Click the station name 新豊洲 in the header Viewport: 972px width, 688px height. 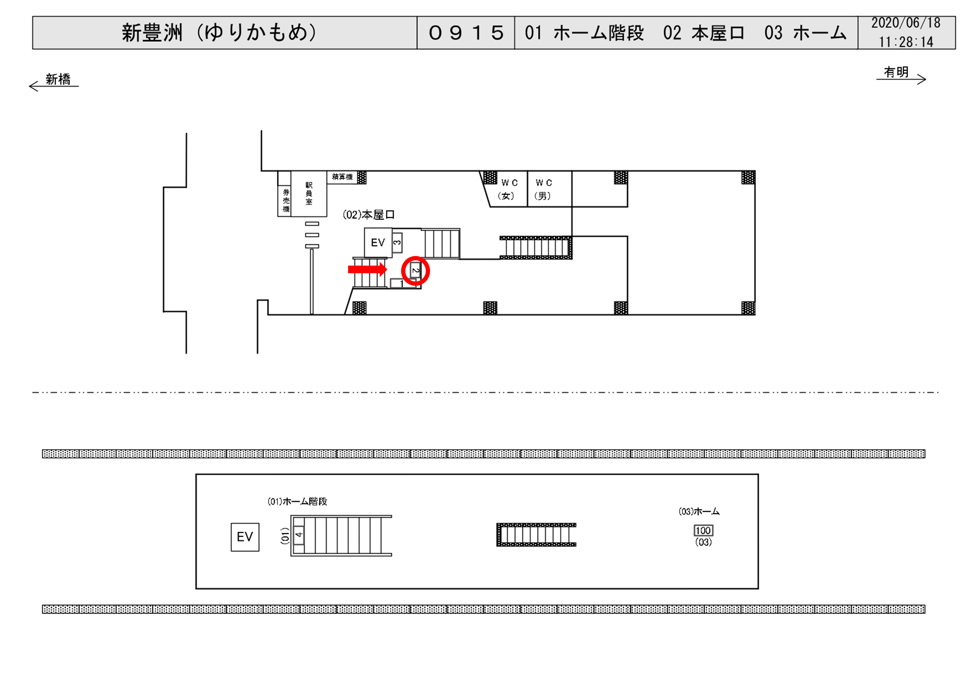click(x=152, y=33)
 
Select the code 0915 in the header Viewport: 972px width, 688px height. click(x=466, y=33)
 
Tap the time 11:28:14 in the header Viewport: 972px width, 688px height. click(x=905, y=42)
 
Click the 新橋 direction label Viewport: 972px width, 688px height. click(x=58, y=79)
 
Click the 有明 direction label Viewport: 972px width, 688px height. click(x=896, y=72)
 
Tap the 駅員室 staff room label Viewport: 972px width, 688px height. click(x=309, y=193)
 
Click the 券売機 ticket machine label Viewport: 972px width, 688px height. click(x=286, y=201)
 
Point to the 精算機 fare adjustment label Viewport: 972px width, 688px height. click(x=342, y=177)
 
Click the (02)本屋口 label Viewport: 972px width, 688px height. click(x=368, y=215)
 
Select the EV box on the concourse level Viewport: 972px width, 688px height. click(x=378, y=242)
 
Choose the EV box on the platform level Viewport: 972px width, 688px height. click(x=245, y=537)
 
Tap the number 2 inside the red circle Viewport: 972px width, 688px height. click(x=415, y=270)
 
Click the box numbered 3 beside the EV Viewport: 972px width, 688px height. click(x=397, y=243)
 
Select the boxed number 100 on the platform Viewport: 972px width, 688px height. click(x=703, y=530)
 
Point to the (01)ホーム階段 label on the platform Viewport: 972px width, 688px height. click(x=297, y=502)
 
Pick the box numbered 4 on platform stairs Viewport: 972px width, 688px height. click(x=299, y=535)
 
